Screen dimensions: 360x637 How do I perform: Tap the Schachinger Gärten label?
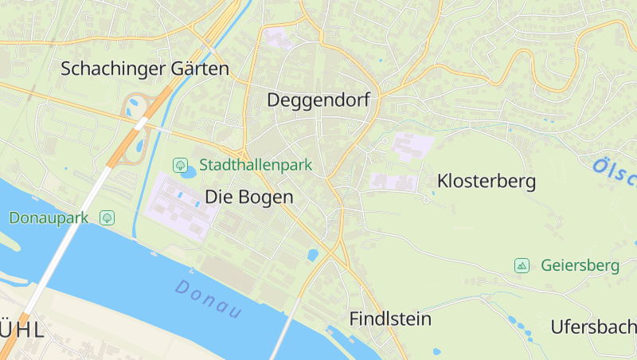point(145,68)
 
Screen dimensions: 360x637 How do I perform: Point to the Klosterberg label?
point(486,182)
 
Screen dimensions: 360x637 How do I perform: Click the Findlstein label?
point(390,319)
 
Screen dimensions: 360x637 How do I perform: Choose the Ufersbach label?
point(593,327)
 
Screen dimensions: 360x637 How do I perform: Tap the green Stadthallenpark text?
point(256,166)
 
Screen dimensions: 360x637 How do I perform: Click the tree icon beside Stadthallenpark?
point(181,166)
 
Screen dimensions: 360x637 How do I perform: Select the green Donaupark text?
point(49,217)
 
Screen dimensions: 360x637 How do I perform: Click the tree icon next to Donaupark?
point(107,217)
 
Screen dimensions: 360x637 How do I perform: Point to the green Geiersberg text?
point(580,265)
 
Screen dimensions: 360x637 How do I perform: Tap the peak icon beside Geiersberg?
point(522,265)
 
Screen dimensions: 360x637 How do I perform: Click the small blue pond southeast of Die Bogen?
point(312,256)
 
